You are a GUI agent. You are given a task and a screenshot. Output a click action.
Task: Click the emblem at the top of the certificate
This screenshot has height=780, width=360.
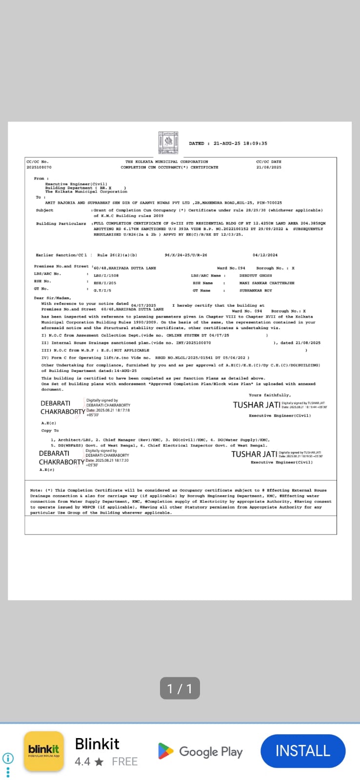169,142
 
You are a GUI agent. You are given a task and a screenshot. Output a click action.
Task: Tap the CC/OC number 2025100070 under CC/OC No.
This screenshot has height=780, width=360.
39,167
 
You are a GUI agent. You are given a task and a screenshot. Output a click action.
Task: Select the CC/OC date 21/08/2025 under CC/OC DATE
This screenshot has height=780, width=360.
269,167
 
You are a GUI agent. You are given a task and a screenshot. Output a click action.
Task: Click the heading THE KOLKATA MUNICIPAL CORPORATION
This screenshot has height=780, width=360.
166,161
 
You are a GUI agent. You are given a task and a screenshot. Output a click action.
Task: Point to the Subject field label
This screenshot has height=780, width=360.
44,210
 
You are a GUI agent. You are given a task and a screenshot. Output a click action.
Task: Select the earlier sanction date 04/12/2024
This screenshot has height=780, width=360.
265,255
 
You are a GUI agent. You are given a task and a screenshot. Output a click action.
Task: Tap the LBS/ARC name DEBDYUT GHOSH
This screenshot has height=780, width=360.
256,275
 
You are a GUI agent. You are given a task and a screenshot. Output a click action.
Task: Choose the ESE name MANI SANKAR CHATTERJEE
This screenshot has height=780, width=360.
267,283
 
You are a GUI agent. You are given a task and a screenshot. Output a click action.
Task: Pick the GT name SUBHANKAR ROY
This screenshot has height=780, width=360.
256,291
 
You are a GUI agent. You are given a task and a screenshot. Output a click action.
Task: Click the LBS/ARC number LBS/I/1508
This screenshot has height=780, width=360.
106,275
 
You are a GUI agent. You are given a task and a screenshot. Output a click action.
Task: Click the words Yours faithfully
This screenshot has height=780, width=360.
269,395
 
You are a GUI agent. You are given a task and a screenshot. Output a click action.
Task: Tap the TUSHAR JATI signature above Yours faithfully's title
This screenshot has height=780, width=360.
257,405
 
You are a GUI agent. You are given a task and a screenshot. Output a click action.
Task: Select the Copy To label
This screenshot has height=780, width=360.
50,430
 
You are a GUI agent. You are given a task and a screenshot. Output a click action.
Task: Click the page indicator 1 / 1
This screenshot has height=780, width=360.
180,688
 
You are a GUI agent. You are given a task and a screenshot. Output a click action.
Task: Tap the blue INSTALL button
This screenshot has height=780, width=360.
303,751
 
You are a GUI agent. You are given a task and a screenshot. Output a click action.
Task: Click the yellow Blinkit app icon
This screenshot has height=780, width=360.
44,751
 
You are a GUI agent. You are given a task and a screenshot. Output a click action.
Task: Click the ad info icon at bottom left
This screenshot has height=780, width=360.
8,758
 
